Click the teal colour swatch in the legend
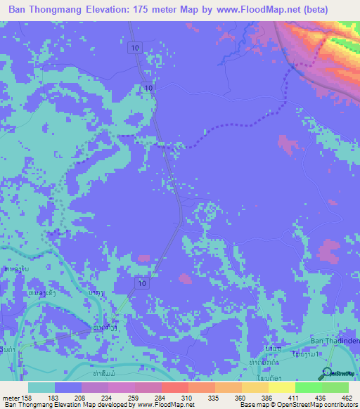tap(41, 387)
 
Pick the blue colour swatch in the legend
tap(68, 387)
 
